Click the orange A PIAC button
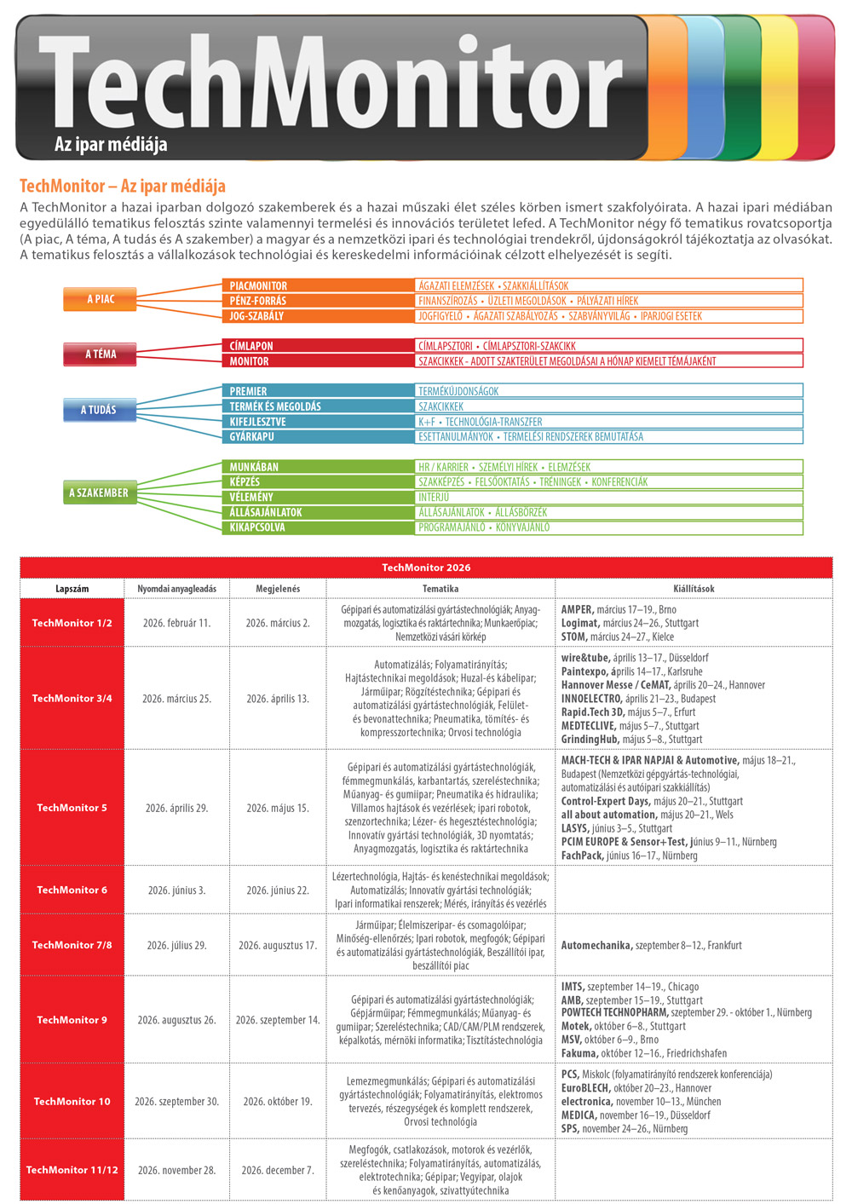coord(100,299)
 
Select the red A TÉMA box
coord(100,354)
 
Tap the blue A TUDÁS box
coord(99,410)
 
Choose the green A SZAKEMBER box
coord(99,493)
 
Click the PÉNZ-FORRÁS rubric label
coord(258,301)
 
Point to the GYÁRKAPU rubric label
coord(253,437)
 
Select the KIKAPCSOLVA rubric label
coord(257,527)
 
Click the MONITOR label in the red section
coord(249,361)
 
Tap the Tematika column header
coord(440,589)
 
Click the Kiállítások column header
coord(694,589)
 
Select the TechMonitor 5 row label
coord(72,808)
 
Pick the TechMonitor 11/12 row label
coord(72,1170)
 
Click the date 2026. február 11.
coord(176,623)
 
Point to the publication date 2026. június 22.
coord(278,890)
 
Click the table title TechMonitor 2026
coord(426,567)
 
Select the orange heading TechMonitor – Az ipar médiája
coord(123,186)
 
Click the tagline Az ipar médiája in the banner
coord(111,144)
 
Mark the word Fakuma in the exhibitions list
coord(579,1053)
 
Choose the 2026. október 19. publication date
coord(278,1102)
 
